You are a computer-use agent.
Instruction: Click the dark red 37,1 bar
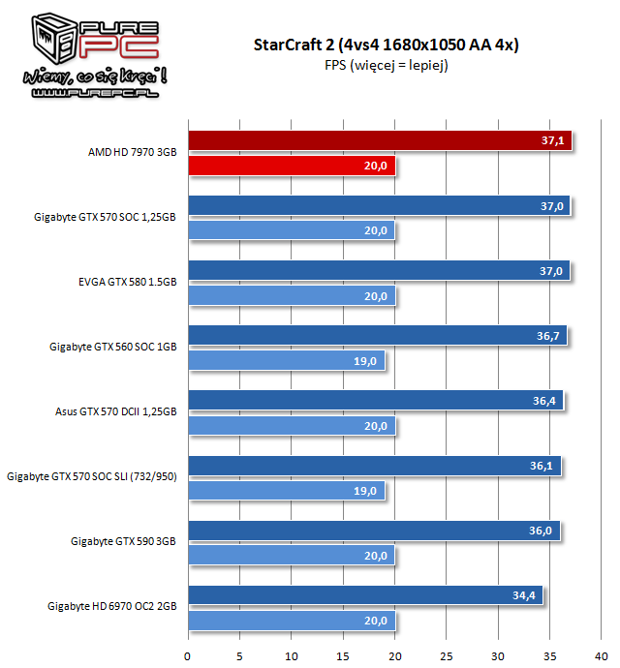point(378,141)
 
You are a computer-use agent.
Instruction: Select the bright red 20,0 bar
point(291,166)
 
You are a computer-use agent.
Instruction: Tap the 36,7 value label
point(550,336)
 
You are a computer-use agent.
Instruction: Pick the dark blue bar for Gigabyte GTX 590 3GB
point(373,531)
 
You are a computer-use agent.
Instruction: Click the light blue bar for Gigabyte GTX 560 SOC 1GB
point(286,360)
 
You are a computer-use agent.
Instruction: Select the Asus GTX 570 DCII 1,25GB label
point(116,412)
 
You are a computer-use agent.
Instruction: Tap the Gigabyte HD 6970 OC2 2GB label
point(112,607)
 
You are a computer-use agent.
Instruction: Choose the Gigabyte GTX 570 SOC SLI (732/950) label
point(92,477)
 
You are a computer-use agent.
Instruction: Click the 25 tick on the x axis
point(447,653)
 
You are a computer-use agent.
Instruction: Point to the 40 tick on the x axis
point(602,653)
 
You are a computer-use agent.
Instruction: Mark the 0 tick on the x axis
point(188,653)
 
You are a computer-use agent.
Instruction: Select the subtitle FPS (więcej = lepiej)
point(386,65)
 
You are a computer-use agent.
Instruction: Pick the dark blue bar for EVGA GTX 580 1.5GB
point(379,271)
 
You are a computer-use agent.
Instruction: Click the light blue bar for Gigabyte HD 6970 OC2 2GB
point(291,620)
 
